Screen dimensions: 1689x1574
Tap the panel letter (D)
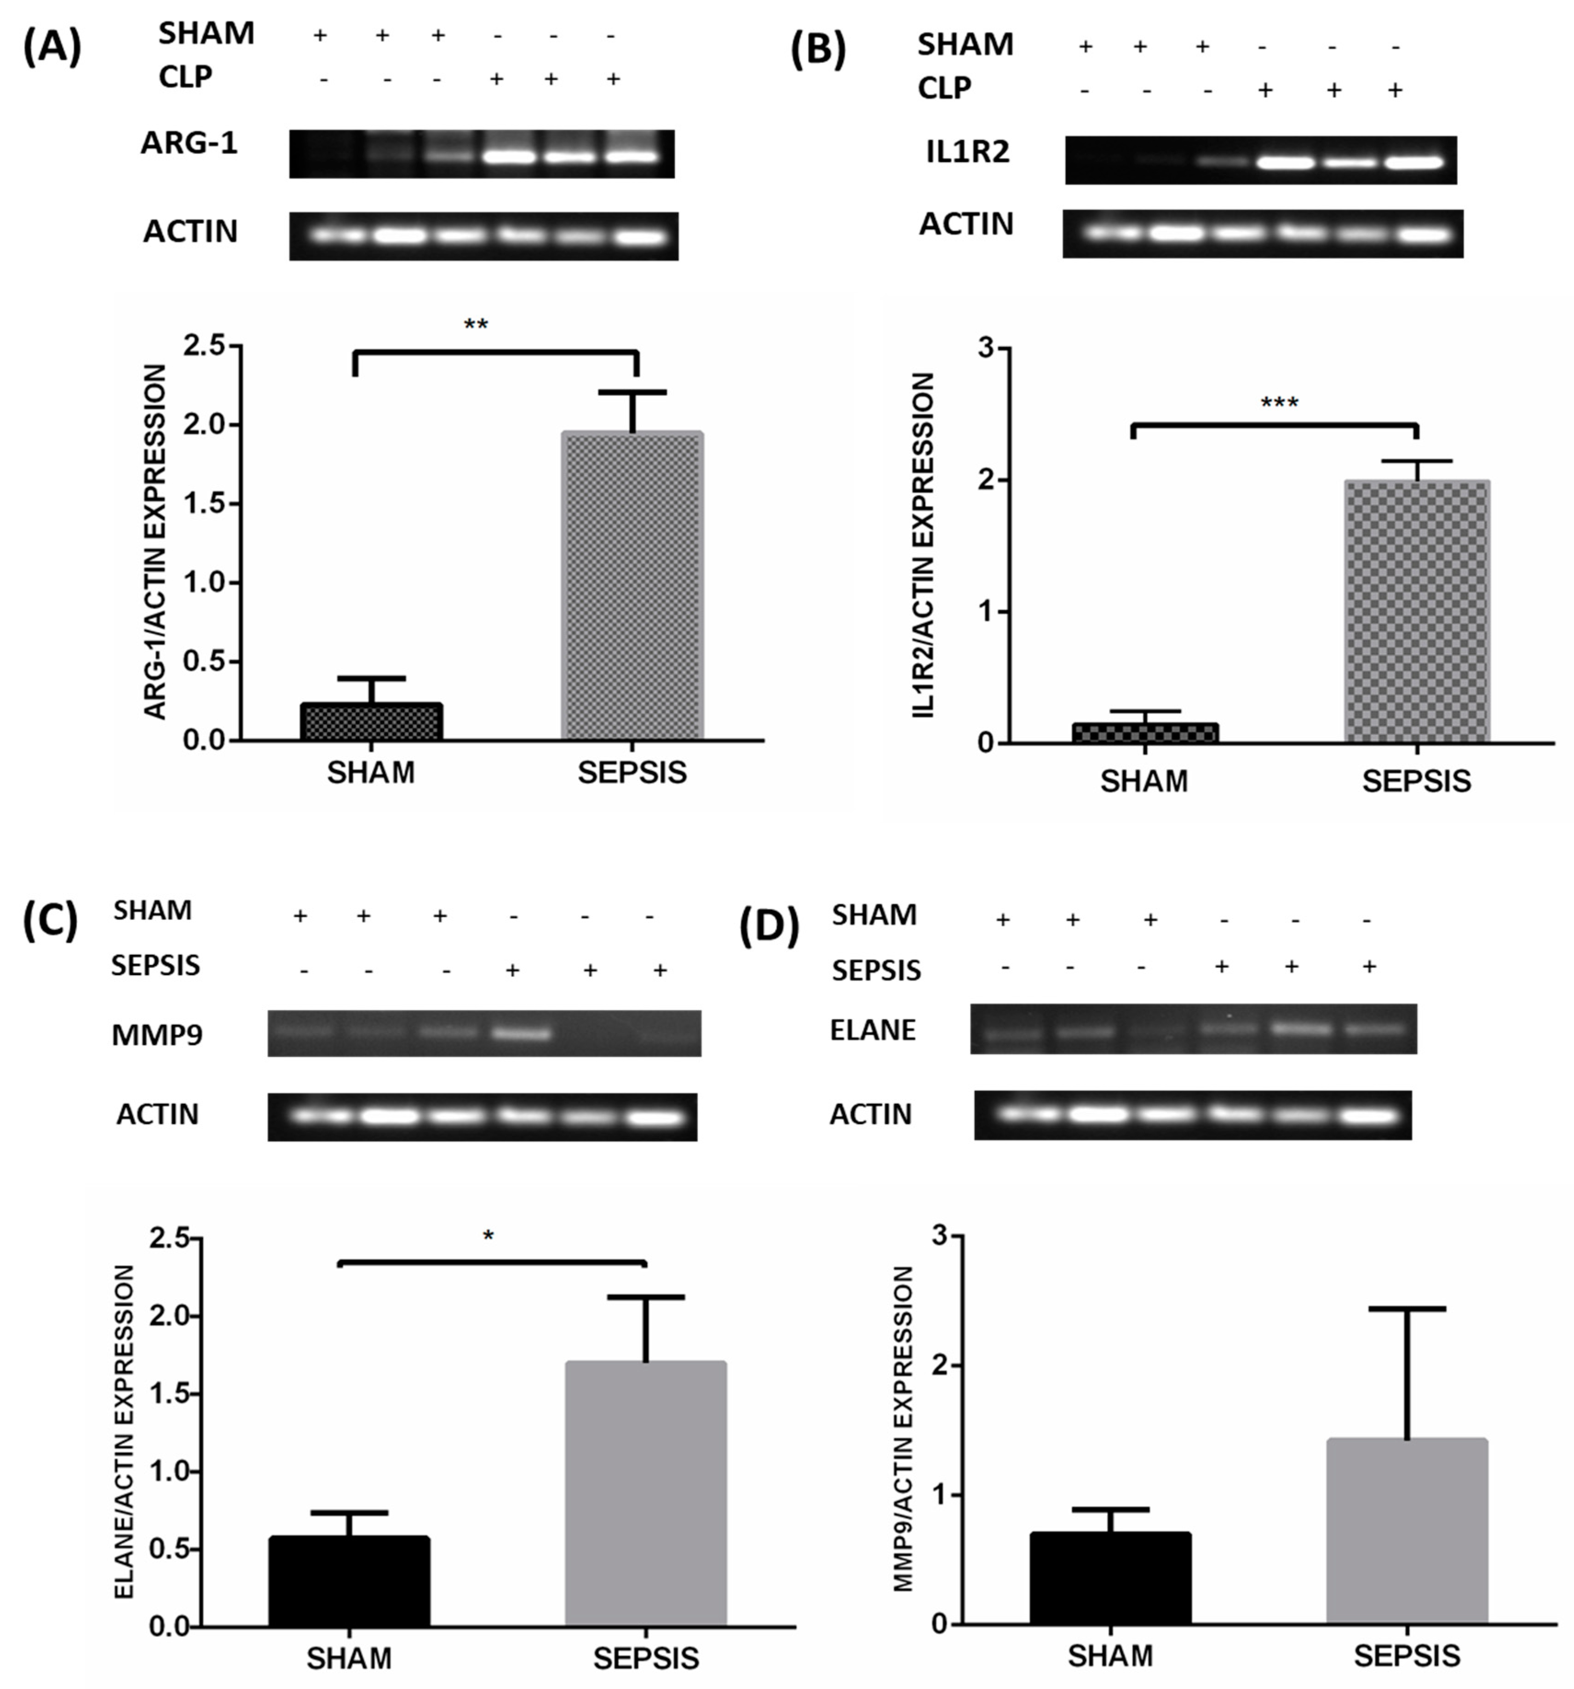point(769,928)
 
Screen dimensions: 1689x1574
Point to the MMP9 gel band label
point(157,1035)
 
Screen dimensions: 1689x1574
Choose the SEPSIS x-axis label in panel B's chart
point(1416,781)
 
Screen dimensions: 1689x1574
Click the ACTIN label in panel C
point(157,1114)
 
